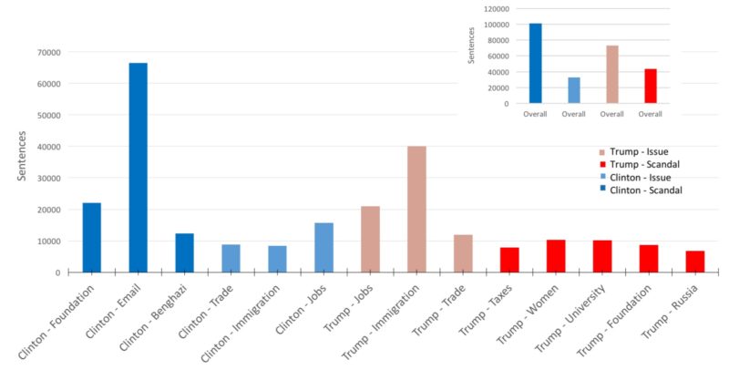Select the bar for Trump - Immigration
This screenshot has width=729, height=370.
coord(416,209)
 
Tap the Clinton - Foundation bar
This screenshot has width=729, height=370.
coord(91,237)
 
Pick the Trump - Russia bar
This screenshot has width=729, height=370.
coord(695,262)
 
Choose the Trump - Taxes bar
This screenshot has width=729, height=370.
coord(509,260)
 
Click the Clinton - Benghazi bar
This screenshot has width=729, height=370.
coord(184,252)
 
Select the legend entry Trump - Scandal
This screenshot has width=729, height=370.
coord(644,164)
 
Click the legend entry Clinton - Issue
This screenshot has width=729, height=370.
coord(643,177)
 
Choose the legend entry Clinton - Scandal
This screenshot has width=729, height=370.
coord(647,190)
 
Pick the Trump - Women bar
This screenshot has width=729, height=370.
coord(556,256)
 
